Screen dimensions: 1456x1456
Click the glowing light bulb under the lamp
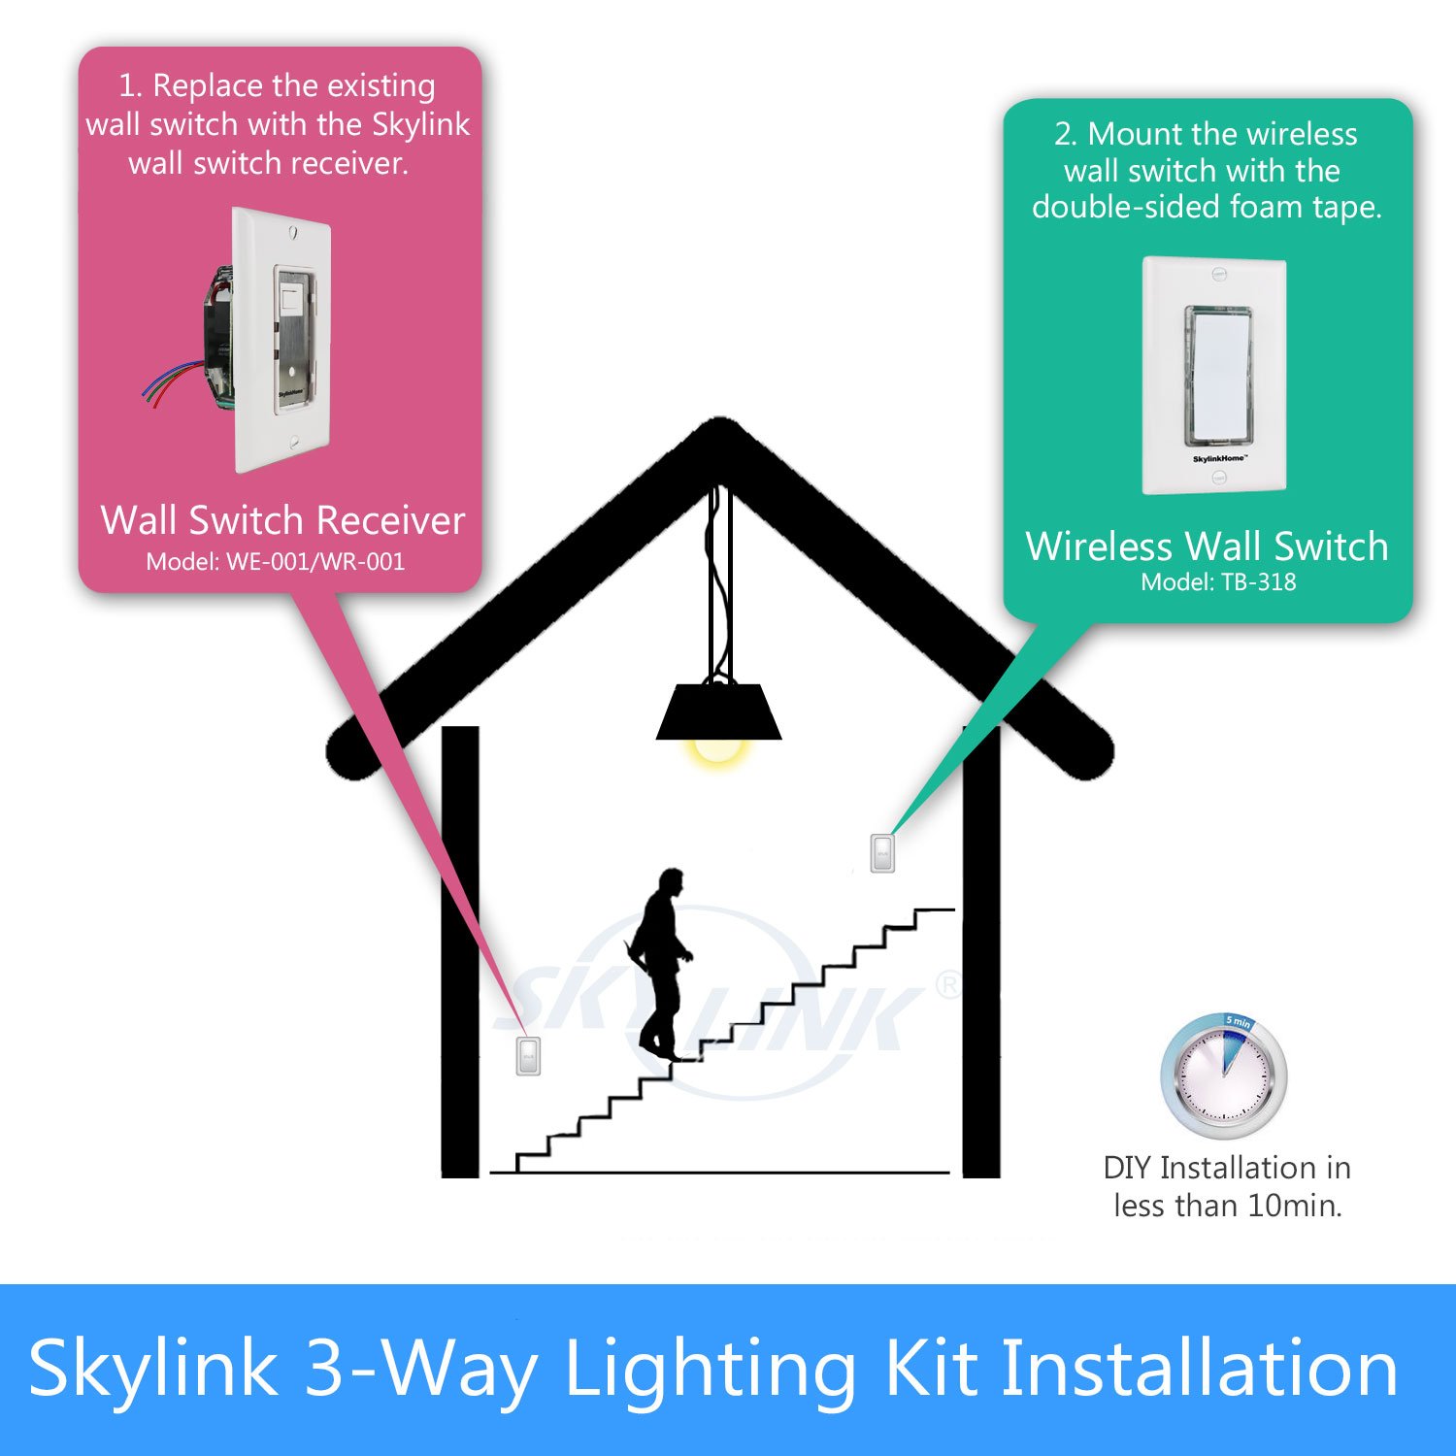(718, 751)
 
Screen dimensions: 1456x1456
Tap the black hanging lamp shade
(718, 712)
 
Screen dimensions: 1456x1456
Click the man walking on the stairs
(661, 961)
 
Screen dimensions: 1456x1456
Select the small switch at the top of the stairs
(882, 853)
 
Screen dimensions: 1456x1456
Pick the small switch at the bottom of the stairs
(528, 1055)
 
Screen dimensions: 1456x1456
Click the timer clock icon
(1224, 1076)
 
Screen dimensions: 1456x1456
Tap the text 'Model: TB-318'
(1218, 582)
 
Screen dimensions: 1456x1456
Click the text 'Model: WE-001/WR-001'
(275, 562)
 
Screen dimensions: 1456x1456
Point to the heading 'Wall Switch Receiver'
(282, 521)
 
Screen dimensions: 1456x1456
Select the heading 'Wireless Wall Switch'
(1207, 546)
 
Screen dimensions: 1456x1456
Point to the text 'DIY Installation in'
(1227, 1168)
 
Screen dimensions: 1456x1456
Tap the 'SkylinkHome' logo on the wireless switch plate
(1219, 458)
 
